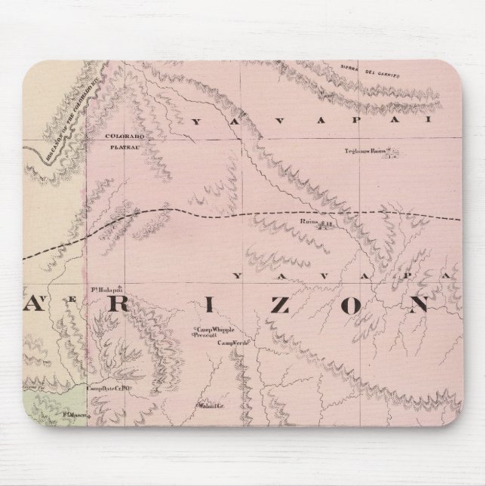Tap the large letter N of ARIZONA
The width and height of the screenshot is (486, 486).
pos(414,304)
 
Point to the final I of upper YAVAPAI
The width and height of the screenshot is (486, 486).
pos(448,120)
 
